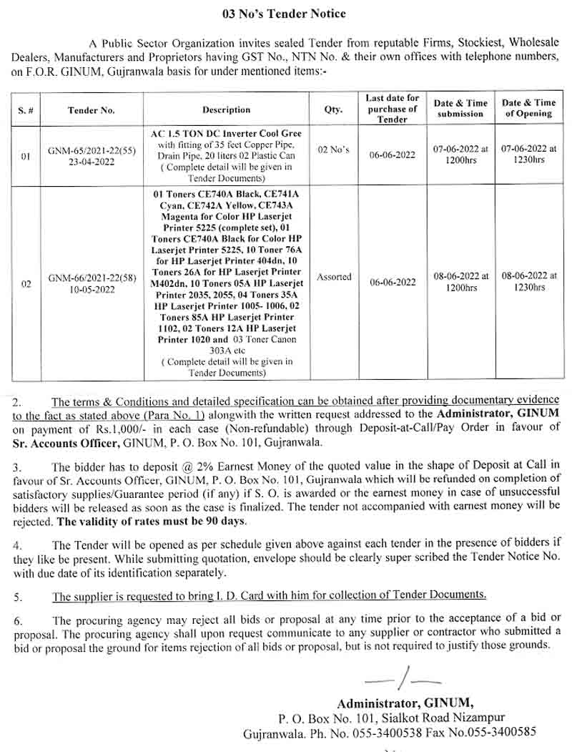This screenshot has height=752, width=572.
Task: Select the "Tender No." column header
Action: click(92, 110)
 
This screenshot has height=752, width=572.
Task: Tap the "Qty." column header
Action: click(334, 109)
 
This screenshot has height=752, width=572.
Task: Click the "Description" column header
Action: click(226, 109)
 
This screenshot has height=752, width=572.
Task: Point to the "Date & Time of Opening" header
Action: click(528, 108)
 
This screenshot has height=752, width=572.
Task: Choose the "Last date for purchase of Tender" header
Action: click(392, 109)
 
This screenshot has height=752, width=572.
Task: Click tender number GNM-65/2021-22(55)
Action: click(91, 151)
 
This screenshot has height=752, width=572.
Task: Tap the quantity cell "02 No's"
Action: click(334, 150)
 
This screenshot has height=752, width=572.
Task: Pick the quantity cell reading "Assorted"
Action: click(334, 277)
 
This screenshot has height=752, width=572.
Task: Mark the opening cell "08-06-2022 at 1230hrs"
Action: click(528, 281)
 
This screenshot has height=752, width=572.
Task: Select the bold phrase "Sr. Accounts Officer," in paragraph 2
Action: click(59, 443)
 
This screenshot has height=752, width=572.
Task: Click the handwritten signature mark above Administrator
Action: click(403, 678)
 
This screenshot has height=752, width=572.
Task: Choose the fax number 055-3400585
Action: click(499, 733)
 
